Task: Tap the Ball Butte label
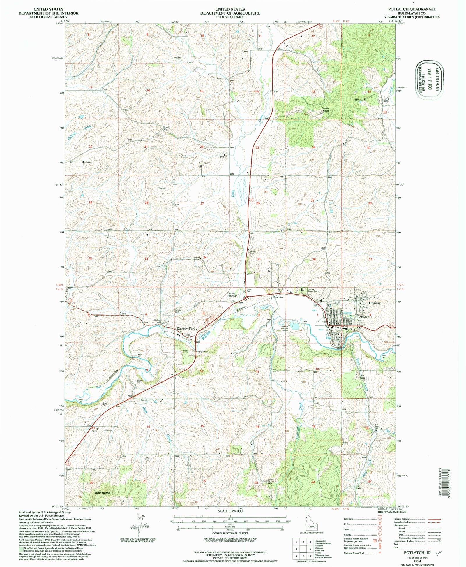102,493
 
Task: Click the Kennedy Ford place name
186,329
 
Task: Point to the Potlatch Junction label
232,295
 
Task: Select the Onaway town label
375,303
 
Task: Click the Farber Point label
325,110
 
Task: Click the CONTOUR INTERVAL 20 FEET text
230,533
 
